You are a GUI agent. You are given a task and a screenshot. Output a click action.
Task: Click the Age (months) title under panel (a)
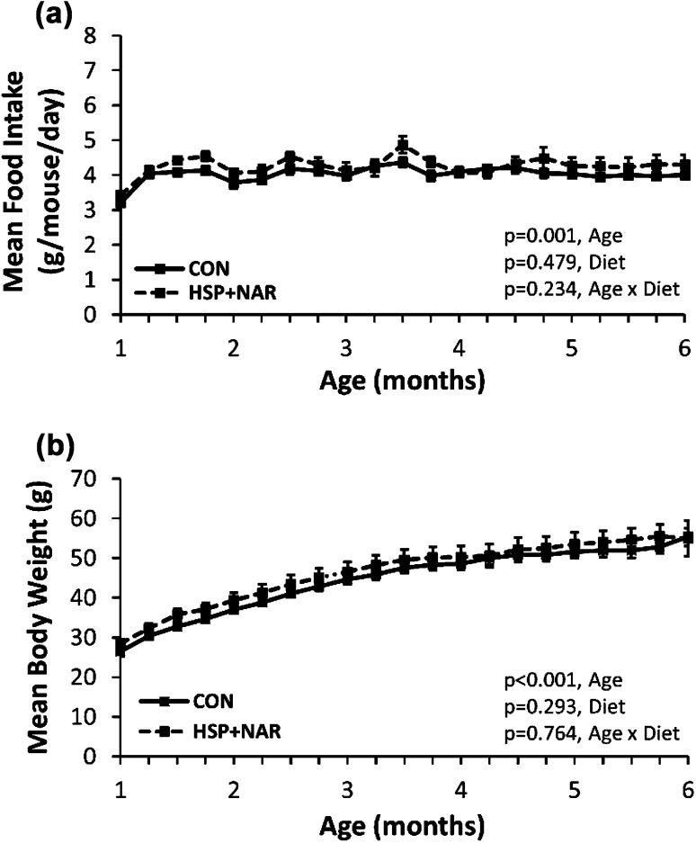pos(404,380)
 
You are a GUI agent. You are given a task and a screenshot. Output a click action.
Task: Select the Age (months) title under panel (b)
pos(404,823)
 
